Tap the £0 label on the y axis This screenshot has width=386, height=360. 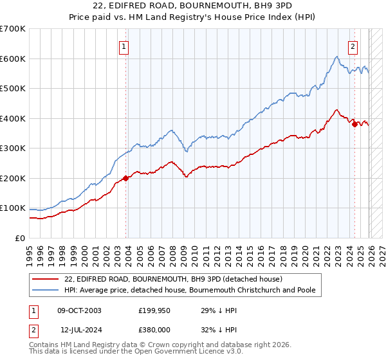[20, 239]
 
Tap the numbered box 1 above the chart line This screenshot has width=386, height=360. [123, 46]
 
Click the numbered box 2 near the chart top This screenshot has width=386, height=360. [353, 46]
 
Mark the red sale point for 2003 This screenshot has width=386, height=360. [125, 178]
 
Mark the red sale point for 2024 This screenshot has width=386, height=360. [354, 124]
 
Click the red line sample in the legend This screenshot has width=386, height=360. [46, 279]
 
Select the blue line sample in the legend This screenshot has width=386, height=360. [46, 290]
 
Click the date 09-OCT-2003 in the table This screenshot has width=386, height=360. [79, 310]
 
